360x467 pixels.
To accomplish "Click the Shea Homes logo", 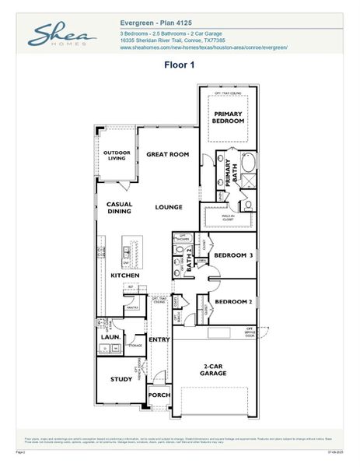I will point(62,35).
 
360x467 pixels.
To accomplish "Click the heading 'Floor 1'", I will point(179,65).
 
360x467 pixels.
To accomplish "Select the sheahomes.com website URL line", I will point(204,47).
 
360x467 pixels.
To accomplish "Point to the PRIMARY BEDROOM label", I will point(229,118).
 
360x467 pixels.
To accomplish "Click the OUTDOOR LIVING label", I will point(117,156).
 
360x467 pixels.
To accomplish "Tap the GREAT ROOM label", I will point(168,155).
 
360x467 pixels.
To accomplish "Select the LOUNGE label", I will point(168,208).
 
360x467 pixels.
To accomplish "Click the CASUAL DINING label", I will point(120,208).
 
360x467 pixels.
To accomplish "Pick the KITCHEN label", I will point(124,276).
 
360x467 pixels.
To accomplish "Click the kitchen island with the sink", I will point(129,252).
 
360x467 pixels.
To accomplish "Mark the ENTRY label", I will point(159,339).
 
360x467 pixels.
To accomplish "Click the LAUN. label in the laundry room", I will point(109,337).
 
